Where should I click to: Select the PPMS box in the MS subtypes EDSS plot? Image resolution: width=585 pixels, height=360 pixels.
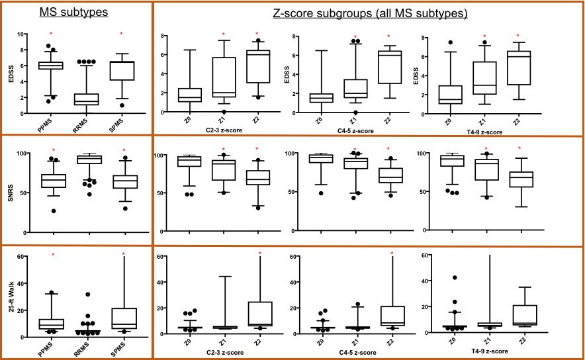[50, 65]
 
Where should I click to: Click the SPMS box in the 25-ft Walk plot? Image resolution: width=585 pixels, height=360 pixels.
[122, 318]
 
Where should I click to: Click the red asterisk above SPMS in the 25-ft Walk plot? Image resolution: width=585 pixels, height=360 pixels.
[122, 255]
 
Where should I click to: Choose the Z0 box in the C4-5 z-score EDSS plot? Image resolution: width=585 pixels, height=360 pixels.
[322, 98]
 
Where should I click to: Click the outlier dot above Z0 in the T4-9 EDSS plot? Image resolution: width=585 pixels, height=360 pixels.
[451, 43]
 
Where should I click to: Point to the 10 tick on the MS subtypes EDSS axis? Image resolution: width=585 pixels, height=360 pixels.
[22, 34]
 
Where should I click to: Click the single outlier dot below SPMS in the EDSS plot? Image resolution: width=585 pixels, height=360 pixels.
[122, 105]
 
